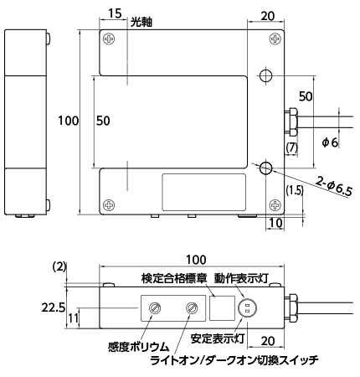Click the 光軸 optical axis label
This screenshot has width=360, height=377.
pos(141,22)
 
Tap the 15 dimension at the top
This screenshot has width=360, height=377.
pos(115,13)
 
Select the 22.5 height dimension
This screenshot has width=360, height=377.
pos(54,307)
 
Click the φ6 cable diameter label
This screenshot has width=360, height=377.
pos(330,142)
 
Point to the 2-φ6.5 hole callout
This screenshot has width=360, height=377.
pos(334,186)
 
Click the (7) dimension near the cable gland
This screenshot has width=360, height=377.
pos(292,147)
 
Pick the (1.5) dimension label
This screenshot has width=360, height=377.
pos(295,190)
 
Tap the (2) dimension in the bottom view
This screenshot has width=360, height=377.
pos(59,266)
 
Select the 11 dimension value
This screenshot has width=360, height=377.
pos(73,318)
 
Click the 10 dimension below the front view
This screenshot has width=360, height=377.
pos(275,223)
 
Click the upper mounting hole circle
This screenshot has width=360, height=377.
pos(266,75)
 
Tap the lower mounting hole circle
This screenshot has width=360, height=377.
pos(266,168)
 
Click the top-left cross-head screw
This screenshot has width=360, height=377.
pos(109,39)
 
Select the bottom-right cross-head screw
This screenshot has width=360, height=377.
pos(275,205)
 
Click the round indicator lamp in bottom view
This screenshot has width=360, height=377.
pos(247,308)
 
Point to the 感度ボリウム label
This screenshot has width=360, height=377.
pos(139,347)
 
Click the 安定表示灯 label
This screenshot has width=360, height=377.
pos(218,338)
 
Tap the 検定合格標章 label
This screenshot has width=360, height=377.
pos(174,278)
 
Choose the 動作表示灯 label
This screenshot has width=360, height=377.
pos(241,278)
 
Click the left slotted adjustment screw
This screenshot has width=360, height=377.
pos(154,308)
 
